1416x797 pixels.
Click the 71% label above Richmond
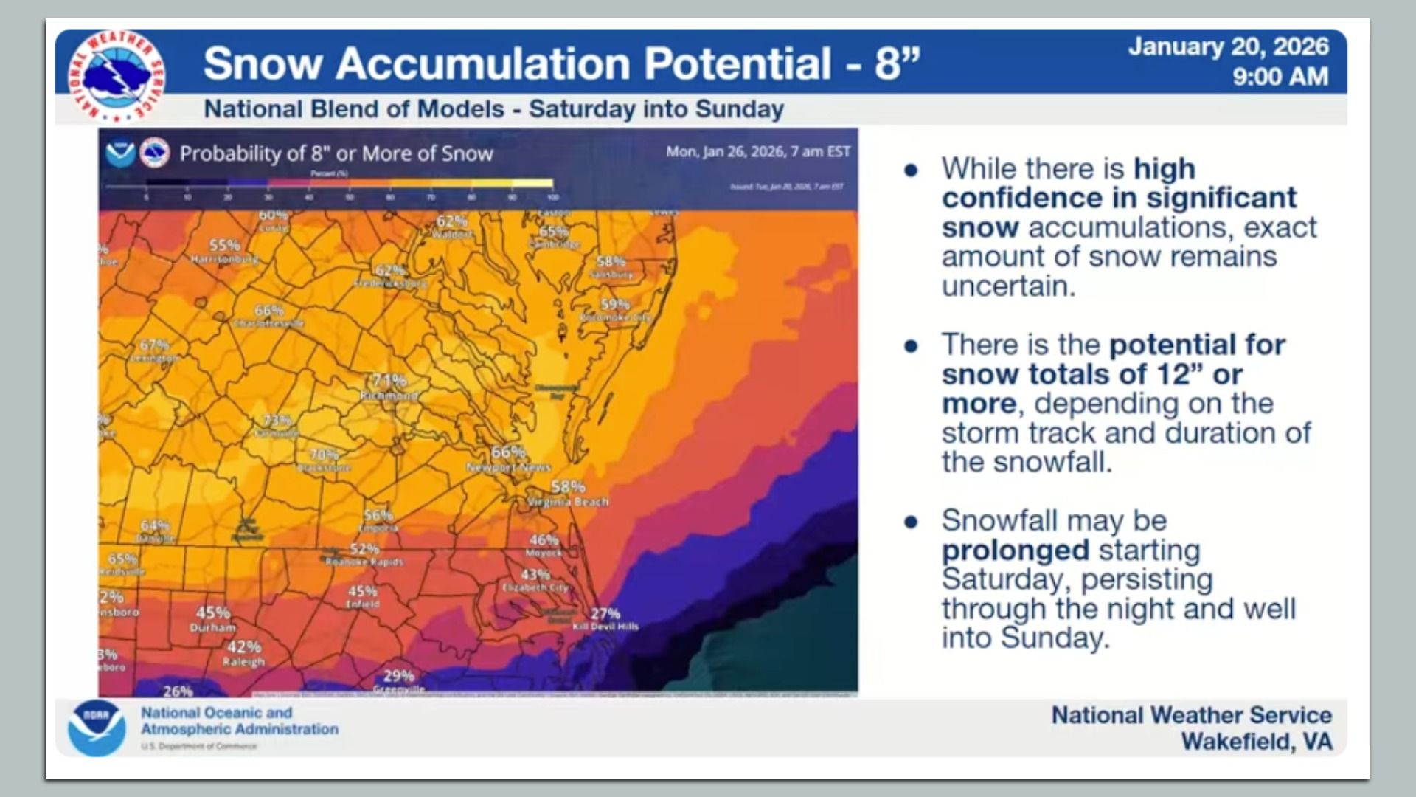pos(389,380)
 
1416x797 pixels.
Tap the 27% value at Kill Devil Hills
pos(605,613)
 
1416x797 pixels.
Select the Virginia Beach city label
pos(568,502)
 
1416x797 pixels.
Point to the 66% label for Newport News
pos(508,452)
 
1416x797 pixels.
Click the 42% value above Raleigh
pos(244,646)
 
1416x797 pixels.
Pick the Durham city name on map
pos(212,628)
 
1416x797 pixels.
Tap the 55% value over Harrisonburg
pos(224,245)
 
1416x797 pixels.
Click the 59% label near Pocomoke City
pos(614,304)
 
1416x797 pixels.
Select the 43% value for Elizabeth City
pos(535,574)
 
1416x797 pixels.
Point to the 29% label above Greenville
pos(398,675)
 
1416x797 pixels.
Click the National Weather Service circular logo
pos(116,76)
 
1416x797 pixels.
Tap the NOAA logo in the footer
pos(97,728)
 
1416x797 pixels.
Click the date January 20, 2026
pos(1228,46)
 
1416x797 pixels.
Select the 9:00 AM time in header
pos(1280,77)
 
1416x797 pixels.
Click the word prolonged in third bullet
pos(1015,551)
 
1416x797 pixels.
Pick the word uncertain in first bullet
pos(1008,286)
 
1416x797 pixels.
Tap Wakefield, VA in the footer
pos(1256,741)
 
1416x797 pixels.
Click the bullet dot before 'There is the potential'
pos(912,346)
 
